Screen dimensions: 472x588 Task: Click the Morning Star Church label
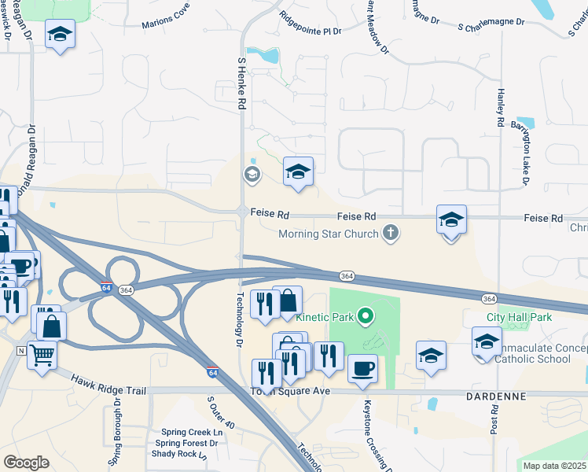[329, 234]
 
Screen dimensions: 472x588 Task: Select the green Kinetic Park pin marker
[365, 317]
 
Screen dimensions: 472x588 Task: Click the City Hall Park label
[519, 317]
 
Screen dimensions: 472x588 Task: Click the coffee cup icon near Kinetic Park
[362, 368]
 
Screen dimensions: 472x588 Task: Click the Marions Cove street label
[166, 22]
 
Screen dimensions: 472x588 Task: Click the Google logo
[26, 462]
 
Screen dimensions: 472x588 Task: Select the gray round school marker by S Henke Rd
[252, 174]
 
